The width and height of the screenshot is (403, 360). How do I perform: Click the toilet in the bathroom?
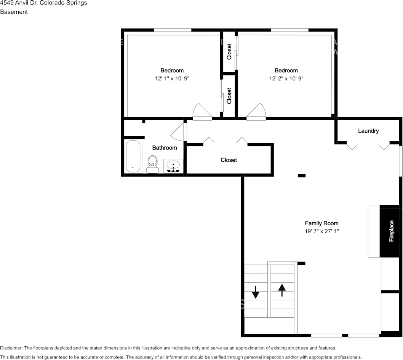(152, 164)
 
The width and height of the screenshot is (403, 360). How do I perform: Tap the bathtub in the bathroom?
(133, 156)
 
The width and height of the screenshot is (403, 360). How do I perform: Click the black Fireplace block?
(391, 231)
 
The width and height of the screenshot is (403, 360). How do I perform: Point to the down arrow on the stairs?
(256, 292)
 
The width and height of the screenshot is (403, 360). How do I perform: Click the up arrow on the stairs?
(282, 290)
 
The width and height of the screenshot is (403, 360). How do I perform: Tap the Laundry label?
(368, 131)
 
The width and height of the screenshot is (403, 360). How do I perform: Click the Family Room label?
(321, 223)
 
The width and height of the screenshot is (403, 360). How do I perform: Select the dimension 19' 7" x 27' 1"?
(321, 231)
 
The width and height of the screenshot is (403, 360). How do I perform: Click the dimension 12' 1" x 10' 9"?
(172, 78)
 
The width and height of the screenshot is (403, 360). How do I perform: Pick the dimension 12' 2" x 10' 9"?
(286, 78)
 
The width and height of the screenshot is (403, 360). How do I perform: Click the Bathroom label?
(165, 148)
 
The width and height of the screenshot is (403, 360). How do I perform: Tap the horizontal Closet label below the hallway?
(229, 160)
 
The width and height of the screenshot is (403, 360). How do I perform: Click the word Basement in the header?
(14, 12)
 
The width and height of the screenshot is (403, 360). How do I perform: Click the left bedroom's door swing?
(203, 112)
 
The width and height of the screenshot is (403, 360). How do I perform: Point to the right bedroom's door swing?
(256, 112)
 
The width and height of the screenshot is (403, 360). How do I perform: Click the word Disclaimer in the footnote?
(11, 348)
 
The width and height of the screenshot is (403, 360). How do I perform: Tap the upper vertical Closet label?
(229, 52)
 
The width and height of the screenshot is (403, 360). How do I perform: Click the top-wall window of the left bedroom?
(173, 30)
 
